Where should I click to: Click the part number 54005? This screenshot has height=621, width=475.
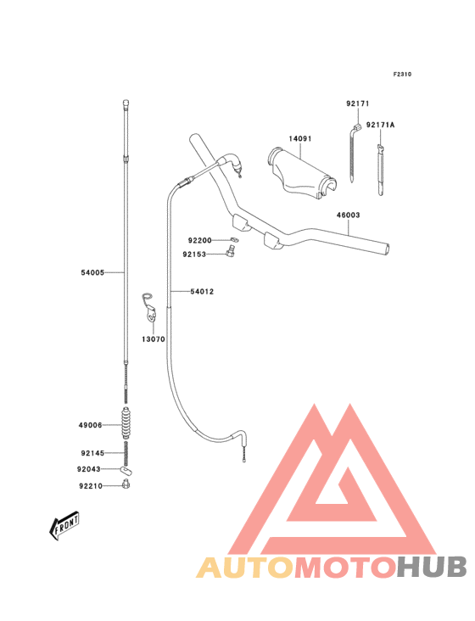pos(92,272)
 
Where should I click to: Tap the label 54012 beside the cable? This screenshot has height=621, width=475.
pos(202,292)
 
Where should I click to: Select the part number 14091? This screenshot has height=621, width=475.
pos(300,138)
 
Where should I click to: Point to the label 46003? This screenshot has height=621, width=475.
pos(349,215)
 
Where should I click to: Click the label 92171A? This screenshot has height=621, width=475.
pos(380,125)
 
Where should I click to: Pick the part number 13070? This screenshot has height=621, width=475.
pos(154,339)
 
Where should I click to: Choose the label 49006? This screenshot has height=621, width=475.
pos(90,425)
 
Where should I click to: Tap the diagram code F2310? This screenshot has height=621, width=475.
pos(402,74)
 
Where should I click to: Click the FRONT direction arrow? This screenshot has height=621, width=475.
pos(64,525)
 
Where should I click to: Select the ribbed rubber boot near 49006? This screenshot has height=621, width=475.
pos(126,422)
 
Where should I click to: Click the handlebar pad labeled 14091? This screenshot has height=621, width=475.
pos(302,173)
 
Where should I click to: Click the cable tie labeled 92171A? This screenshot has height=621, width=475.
pos(380,171)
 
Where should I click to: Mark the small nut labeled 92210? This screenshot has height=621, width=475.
pos(126,484)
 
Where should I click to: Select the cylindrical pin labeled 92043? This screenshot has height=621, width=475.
pos(126,470)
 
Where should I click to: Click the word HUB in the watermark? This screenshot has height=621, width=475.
pos(433,567)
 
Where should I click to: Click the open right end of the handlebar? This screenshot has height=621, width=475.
pos(386,249)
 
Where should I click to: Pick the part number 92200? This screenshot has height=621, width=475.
pos(199,240)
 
